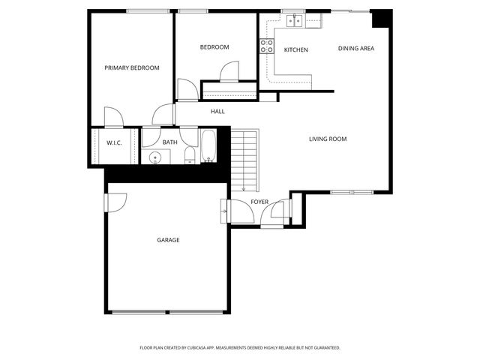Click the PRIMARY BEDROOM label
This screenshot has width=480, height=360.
(132, 68)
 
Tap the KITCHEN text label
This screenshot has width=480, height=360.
(295, 49)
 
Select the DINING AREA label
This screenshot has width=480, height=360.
(355, 49)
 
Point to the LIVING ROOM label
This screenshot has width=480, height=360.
(328, 139)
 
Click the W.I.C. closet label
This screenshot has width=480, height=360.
(114, 142)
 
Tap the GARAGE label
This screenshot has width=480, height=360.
(168, 240)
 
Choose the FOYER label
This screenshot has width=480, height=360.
(259, 202)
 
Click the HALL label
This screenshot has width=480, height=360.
(217, 112)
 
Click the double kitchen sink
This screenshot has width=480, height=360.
(293, 21)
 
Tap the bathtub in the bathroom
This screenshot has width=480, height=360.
(208, 146)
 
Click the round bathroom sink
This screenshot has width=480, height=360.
(155, 157)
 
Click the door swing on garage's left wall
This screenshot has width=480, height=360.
(116, 202)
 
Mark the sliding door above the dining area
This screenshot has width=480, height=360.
(351, 10)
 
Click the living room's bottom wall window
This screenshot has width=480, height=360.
(352, 193)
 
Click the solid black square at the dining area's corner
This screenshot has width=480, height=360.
(381, 19)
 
